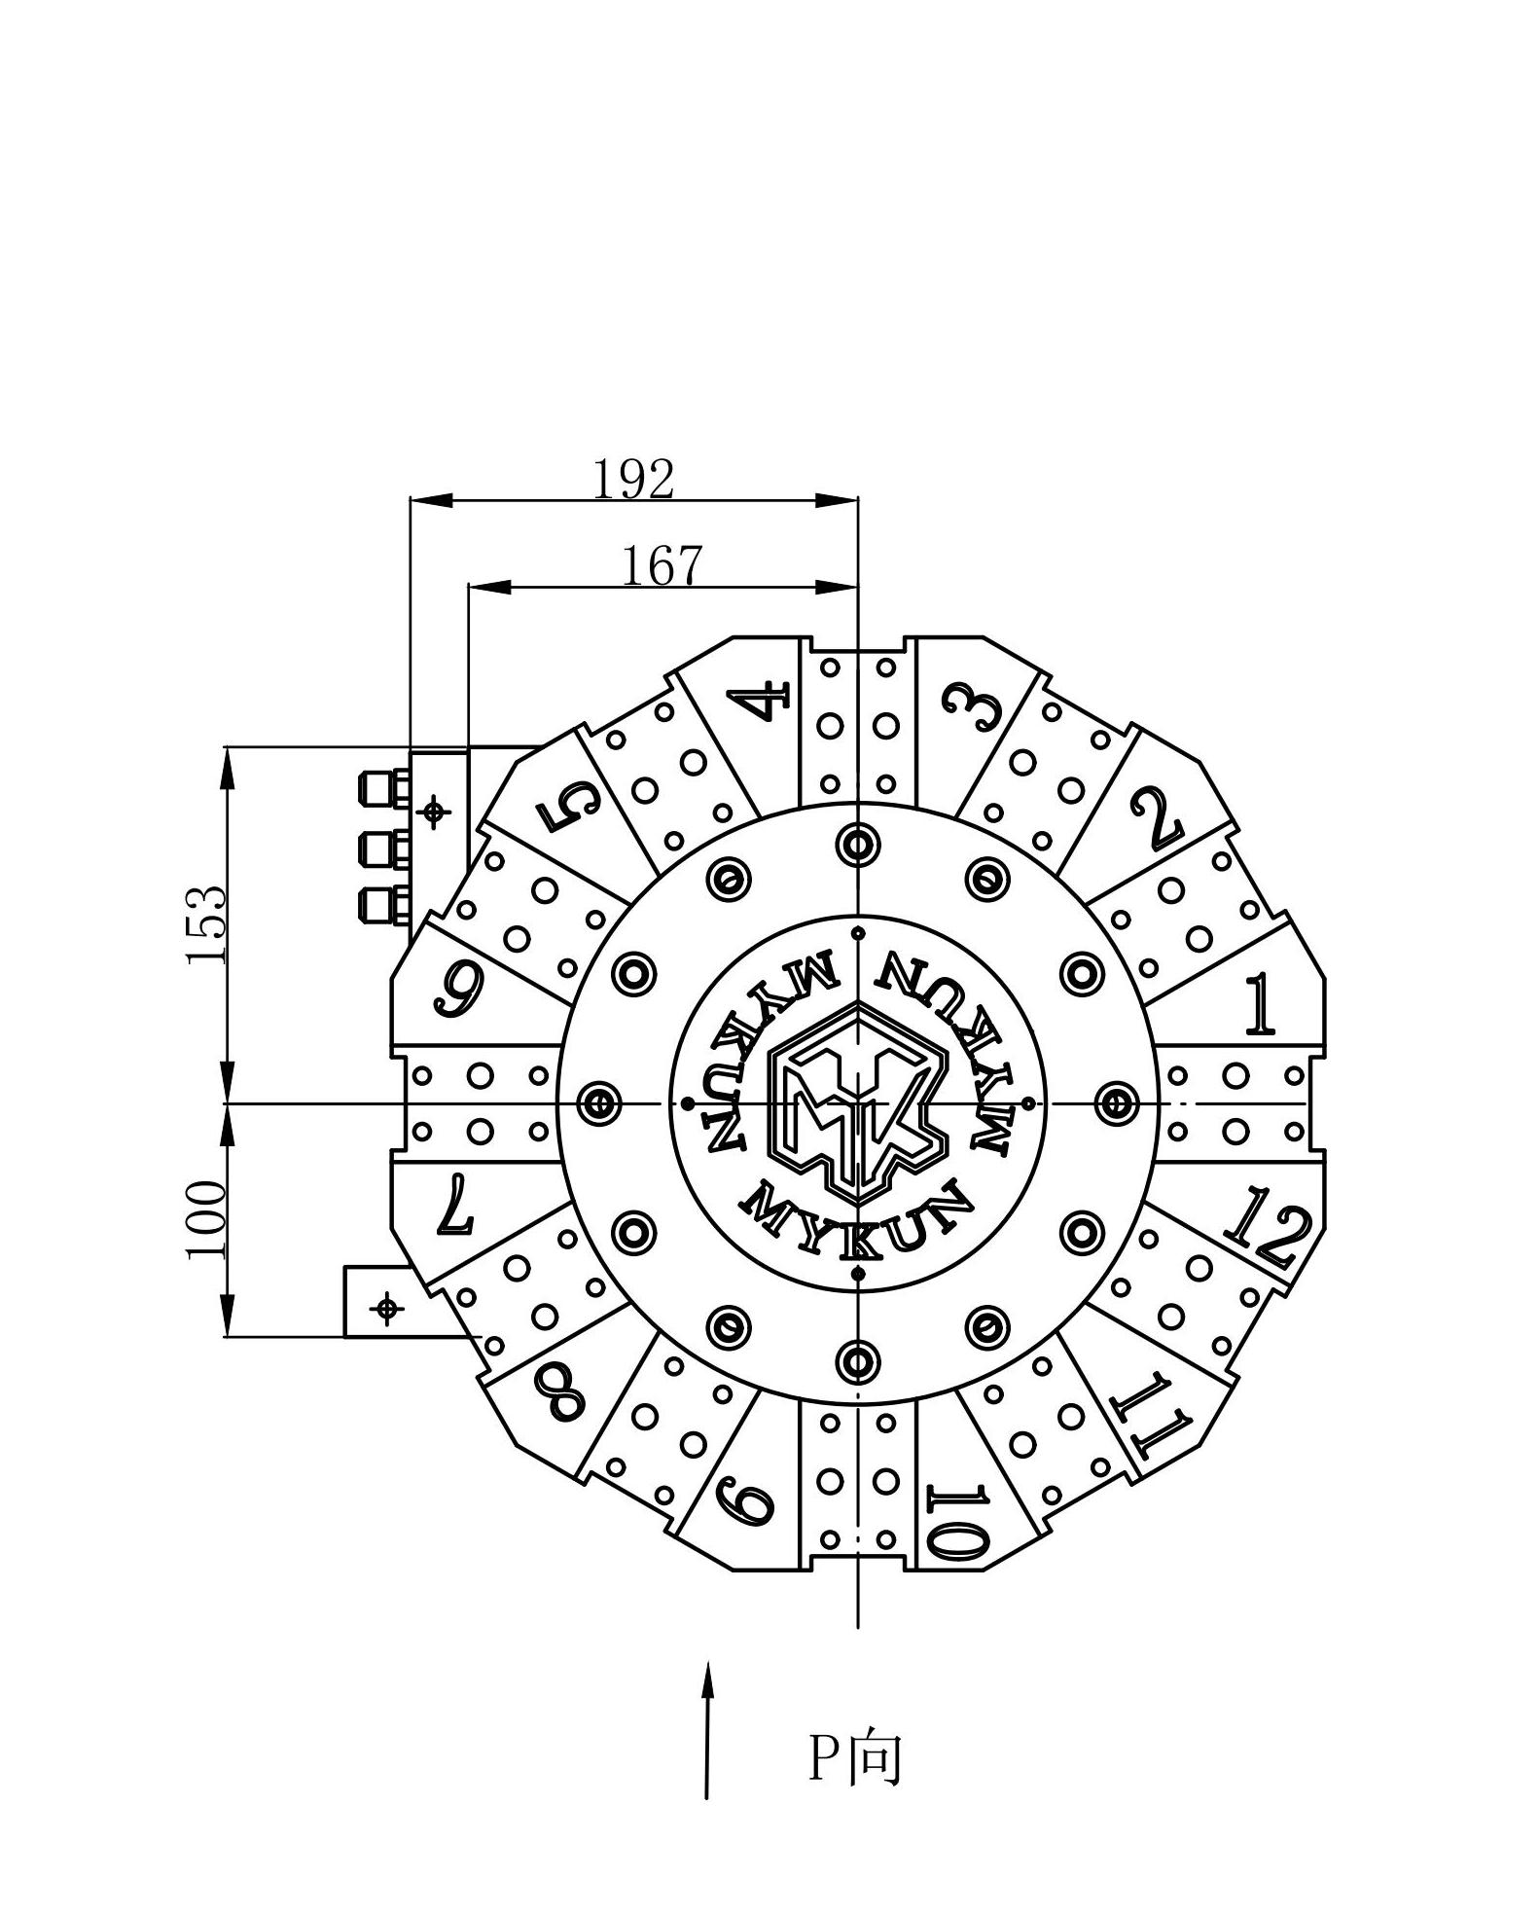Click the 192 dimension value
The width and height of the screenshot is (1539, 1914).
(x=633, y=479)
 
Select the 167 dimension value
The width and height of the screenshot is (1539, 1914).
(x=662, y=565)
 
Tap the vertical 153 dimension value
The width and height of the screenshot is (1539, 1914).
(x=206, y=924)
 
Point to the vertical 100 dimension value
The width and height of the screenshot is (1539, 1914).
(x=206, y=1219)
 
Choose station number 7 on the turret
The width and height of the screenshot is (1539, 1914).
(x=454, y=1204)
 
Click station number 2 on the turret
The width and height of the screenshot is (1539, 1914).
(x=1156, y=817)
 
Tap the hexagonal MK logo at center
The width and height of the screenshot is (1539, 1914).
(x=857, y=1102)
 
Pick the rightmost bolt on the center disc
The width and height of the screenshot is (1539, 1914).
(x=1116, y=1103)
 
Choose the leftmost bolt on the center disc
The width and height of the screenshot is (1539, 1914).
(x=598, y=1103)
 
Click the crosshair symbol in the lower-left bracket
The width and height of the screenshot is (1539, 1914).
(x=387, y=1309)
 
